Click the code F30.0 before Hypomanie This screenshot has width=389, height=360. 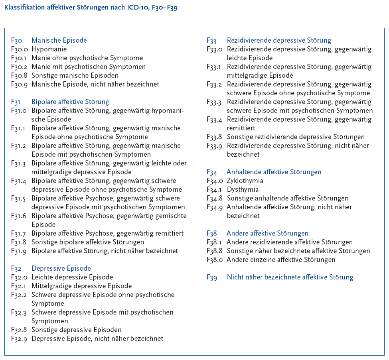[19, 49]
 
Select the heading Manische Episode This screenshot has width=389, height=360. [59, 40]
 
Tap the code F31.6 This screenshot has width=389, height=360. [19, 216]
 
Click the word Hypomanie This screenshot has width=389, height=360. [49, 49]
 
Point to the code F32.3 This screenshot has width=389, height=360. [19, 313]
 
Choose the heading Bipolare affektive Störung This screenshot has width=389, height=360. [70, 102]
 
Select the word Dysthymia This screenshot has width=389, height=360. [243, 190]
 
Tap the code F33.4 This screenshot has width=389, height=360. [214, 120]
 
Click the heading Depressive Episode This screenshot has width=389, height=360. [61, 269]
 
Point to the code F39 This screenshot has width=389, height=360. [212, 277]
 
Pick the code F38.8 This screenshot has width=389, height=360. [214, 251]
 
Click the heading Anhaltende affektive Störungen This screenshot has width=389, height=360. [274, 172]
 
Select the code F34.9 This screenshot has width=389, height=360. [214, 207]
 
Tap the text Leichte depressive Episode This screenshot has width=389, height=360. [72, 277]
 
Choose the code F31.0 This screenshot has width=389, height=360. [19, 111]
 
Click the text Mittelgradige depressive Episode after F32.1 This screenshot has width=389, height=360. [81, 286]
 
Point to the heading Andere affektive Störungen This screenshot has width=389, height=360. [267, 234]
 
